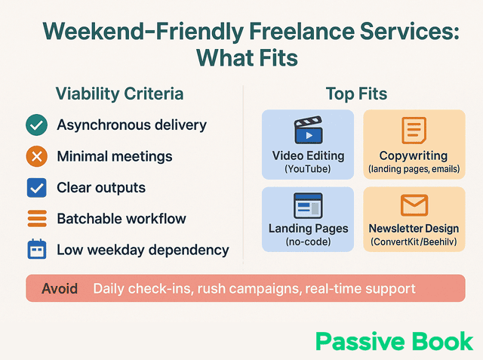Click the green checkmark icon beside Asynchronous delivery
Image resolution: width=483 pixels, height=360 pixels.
[x=36, y=125]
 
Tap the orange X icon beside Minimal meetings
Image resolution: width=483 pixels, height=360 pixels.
[x=36, y=156]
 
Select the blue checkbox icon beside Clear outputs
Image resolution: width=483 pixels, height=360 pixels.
[x=36, y=187]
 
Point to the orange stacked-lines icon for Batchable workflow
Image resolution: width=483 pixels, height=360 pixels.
[x=36, y=219]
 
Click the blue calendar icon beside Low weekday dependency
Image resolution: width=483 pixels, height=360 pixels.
[x=36, y=250]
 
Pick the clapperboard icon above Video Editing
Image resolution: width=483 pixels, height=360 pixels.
[x=308, y=131]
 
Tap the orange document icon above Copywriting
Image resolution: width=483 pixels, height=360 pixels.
[x=414, y=131]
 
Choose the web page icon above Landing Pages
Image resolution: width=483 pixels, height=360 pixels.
[x=308, y=205]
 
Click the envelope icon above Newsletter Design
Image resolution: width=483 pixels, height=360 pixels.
[x=414, y=205]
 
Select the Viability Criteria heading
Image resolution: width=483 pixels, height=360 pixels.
[x=119, y=94]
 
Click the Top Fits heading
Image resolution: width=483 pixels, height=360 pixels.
[x=356, y=94]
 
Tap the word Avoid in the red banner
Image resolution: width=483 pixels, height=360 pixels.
[x=60, y=289]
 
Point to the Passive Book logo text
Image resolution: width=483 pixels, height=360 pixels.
[x=394, y=341]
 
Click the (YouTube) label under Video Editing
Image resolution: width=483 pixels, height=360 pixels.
[x=308, y=169]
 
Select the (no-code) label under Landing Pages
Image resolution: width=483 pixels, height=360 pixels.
[x=308, y=242]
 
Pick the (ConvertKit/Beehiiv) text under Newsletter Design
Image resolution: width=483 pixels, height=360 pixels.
[x=414, y=242]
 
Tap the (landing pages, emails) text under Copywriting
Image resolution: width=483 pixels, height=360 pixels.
[x=414, y=169]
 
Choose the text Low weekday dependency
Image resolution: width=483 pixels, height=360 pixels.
[x=143, y=250]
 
